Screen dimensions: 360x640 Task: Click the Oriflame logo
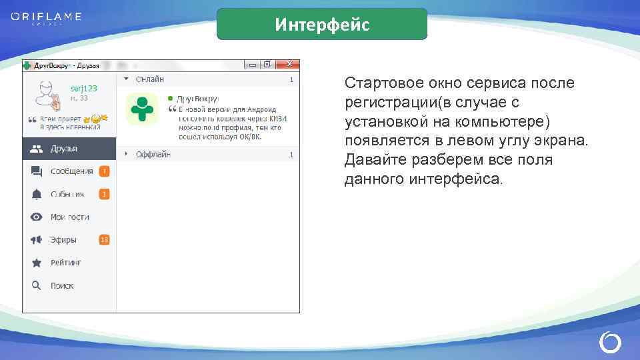click(45, 17)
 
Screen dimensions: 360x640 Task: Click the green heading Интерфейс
click(322, 25)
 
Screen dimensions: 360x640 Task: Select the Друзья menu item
click(64, 149)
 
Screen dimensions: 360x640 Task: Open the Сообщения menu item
click(71, 171)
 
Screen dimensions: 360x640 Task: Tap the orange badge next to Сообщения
click(104, 171)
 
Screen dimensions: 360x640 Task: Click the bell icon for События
click(37, 194)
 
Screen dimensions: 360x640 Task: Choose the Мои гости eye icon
click(37, 217)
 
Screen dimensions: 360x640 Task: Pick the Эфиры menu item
click(63, 239)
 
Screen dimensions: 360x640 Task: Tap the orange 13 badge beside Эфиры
click(104, 239)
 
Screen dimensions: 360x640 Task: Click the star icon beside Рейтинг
click(37, 263)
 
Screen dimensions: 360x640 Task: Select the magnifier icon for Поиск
click(37, 285)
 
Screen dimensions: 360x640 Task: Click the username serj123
click(84, 88)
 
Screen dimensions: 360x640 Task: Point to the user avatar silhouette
click(47, 95)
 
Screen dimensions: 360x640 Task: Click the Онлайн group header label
click(150, 79)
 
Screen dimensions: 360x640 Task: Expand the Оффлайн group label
click(153, 154)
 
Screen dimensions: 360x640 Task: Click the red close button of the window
click(289, 65)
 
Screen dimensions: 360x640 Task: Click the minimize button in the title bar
click(253, 65)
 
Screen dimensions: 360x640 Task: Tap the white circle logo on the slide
click(610, 343)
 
